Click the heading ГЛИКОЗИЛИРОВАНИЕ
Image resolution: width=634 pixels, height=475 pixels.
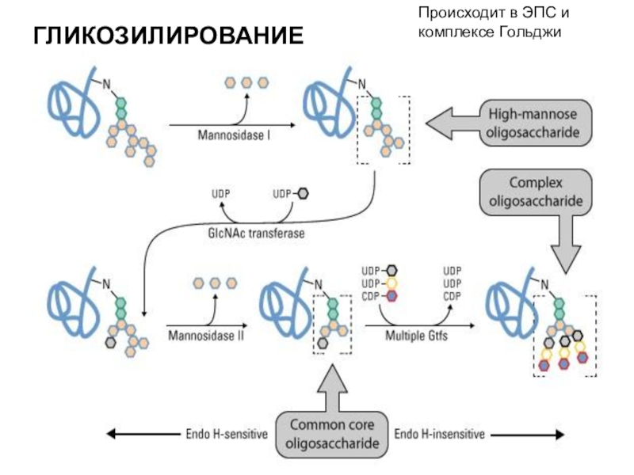(167, 36)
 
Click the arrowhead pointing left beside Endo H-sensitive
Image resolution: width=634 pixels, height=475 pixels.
(113, 434)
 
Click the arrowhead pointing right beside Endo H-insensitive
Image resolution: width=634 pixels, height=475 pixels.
(560, 434)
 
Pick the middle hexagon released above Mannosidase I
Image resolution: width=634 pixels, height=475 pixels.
(246, 82)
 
